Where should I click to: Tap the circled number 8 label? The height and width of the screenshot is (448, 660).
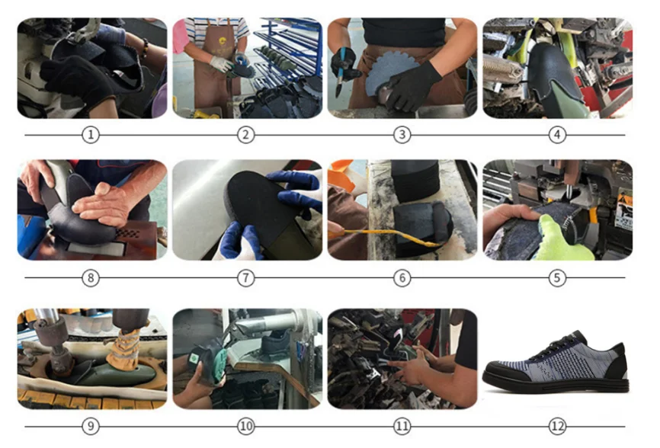click(91, 278)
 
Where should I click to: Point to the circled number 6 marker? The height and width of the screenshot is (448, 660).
click(402, 278)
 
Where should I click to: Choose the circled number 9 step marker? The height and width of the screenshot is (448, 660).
click(91, 426)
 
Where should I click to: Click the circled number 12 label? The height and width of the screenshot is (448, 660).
click(558, 426)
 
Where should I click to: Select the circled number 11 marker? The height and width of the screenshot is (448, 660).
click(402, 426)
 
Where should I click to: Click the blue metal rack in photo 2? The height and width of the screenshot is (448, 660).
click(293, 46)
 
